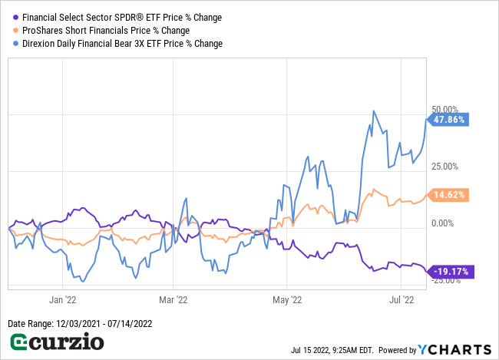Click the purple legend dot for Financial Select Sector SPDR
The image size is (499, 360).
(15, 16)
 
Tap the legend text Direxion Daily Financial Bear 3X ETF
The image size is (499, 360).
(122, 44)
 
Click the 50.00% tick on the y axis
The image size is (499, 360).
(446, 110)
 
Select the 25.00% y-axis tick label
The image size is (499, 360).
(446, 167)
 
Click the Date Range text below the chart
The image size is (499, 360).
(80, 324)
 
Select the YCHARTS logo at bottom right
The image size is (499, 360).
(457, 349)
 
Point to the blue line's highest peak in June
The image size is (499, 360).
(374, 111)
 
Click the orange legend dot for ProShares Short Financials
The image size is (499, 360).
(15, 30)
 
